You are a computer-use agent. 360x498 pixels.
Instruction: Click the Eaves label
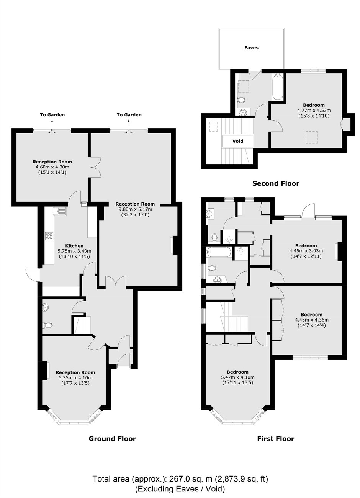(251, 47)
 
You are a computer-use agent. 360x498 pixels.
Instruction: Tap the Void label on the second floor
(237, 141)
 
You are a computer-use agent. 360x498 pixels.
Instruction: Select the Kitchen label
(74, 246)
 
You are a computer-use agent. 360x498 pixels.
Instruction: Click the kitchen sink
(59, 211)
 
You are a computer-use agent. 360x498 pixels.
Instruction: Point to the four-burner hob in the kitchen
(49, 236)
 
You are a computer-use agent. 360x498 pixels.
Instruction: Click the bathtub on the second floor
(277, 87)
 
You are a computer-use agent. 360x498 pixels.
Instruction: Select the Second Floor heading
(276, 183)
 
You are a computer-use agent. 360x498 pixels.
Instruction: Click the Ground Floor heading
(112, 439)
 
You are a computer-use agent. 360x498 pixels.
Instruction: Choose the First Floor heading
(276, 439)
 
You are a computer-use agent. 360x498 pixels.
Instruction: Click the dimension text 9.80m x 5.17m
(135, 209)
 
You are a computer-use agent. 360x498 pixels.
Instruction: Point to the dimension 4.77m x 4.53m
(314, 111)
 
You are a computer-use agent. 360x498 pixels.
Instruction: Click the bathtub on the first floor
(219, 252)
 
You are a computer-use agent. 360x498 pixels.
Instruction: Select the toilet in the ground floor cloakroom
(49, 325)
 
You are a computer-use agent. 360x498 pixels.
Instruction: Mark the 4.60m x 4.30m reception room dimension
(52, 167)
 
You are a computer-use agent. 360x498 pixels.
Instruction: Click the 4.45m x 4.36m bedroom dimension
(311, 320)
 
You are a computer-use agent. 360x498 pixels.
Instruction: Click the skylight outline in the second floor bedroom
(311, 137)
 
